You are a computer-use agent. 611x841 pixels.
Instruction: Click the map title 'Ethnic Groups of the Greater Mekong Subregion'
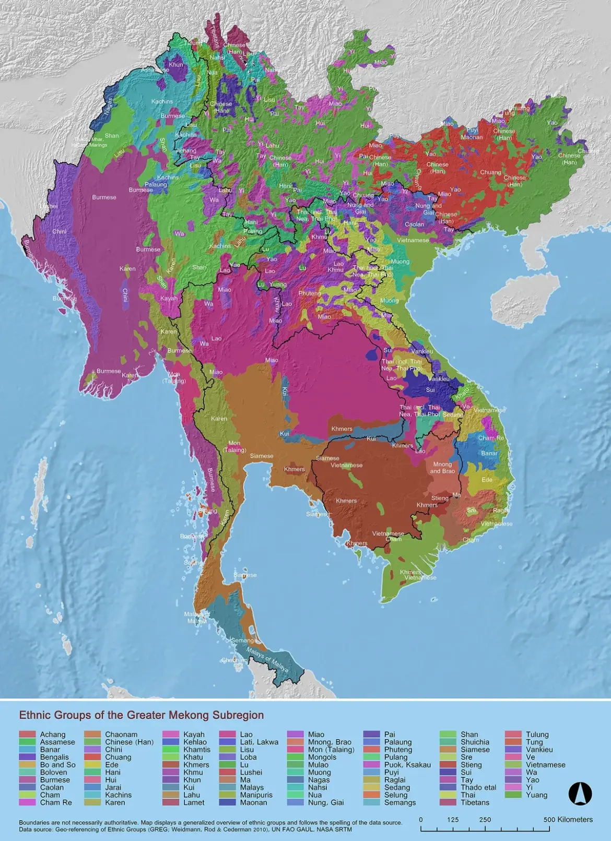click(x=141, y=715)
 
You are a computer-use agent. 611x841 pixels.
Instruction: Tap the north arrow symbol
click(x=580, y=794)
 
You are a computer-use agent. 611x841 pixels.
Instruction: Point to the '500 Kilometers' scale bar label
click(x=568, y=819)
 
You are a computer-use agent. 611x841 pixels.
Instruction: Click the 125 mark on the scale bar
click(x=453, y=819)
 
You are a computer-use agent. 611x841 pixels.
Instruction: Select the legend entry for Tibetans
click(x=475, y=802)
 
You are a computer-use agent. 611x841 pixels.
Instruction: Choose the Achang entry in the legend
click(x=53, y=735)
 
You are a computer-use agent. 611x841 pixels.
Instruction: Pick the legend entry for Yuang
click(x=537, y=795)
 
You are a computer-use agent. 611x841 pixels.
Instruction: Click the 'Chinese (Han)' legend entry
click(x=129, y=742)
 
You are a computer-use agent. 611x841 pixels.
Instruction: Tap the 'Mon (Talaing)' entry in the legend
click(x=331, y=750)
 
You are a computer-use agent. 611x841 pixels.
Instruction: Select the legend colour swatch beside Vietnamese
click(x=513, y=765)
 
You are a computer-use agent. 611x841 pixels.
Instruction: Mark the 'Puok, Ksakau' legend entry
click(x=407, y=765)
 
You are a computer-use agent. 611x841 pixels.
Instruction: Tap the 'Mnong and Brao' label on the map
click(x=442, y=468)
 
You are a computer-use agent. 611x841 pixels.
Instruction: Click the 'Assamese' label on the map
click(x=155, y=70)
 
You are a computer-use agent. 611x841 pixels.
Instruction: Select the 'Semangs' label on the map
click(x=243, y=641)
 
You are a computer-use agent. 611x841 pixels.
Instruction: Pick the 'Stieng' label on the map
click(x=440, y=498)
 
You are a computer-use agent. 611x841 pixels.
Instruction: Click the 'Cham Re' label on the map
click(x=491, y=438)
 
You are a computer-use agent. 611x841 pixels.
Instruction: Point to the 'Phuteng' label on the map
click(x=310, y=293)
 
